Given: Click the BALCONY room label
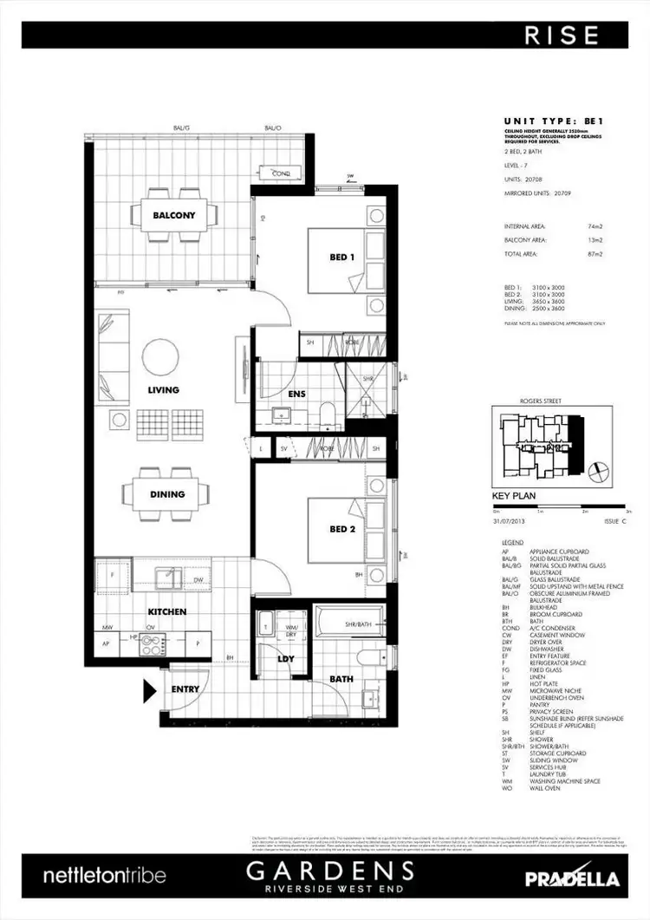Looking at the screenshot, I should [174, 215].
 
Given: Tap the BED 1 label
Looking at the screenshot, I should [341, 258].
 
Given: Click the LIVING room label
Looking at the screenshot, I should [163, 390].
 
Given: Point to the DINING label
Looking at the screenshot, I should [167, 494].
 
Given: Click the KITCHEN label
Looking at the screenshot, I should [166, 611].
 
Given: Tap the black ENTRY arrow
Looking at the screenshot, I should [149, 690].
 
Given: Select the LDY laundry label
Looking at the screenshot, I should [286, 659].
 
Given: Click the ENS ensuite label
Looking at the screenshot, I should [296, 394].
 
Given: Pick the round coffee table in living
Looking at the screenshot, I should [162, 355].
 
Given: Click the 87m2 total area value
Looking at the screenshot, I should [595, 254].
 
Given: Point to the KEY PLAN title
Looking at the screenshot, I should [514, 498].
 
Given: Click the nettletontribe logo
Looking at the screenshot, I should [104, 877].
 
